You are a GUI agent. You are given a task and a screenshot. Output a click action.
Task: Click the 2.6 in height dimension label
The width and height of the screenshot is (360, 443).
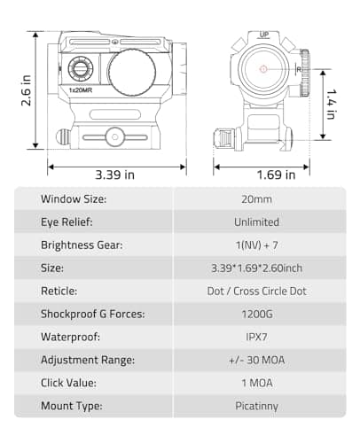(26, 89)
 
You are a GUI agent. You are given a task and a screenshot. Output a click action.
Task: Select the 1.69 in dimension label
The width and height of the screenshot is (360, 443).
(263, 175)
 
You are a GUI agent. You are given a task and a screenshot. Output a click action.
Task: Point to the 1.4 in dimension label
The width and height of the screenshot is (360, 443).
(330, 105)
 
